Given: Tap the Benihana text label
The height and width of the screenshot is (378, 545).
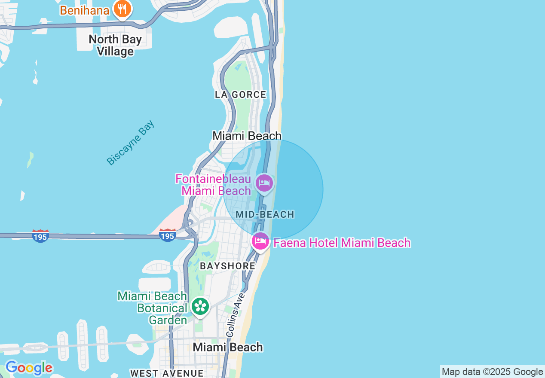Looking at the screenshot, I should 85,10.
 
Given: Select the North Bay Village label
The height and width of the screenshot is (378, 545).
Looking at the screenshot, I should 115,46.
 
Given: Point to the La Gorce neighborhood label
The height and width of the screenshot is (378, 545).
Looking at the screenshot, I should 241,94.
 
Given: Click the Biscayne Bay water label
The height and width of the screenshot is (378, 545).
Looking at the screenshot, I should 130,143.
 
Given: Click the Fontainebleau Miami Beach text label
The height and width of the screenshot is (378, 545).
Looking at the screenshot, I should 213,185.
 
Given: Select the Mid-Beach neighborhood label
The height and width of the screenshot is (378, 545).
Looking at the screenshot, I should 265,214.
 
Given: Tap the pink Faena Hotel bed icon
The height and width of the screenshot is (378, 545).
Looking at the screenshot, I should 260,241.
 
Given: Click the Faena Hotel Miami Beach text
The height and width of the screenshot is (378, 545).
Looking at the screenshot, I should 342,243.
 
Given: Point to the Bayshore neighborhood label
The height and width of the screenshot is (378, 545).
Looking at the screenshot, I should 227,266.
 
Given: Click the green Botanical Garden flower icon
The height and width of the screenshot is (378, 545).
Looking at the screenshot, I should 200,306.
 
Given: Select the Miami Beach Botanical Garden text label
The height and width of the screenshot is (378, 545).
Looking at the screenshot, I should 153,308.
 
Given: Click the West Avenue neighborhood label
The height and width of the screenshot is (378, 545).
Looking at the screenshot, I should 167,373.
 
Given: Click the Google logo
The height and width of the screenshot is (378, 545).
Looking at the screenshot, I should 28,368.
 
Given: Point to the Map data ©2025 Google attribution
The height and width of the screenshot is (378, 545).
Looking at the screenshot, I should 492,372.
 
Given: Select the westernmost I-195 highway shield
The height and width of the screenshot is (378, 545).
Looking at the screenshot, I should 40,236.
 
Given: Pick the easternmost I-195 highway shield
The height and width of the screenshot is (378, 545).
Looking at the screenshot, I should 167,235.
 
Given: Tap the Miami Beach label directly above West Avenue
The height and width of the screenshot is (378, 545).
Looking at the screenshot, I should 227,347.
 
